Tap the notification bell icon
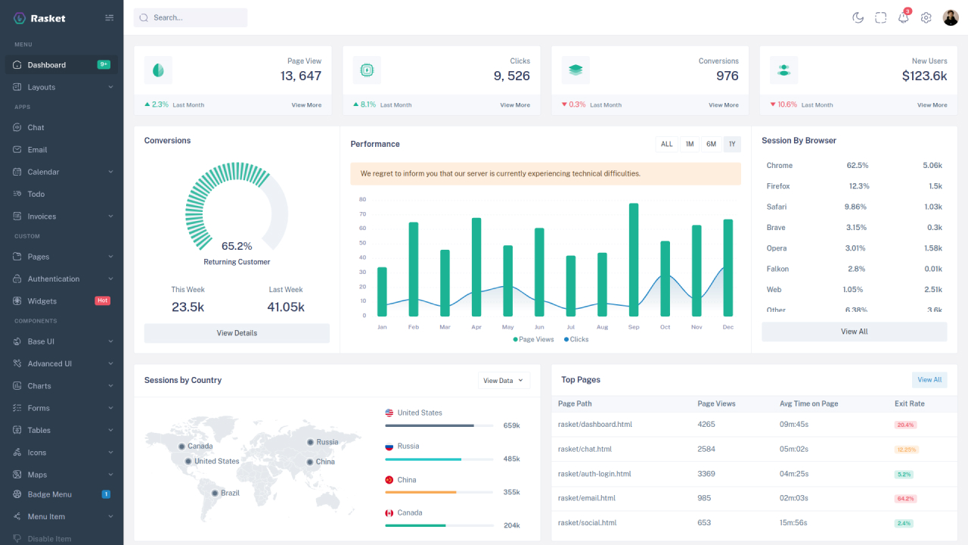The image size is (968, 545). pyautogui.click(x=903, y=17)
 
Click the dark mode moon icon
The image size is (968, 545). pyautogui.click(x=858, y=17)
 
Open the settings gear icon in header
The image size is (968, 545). pyautogui.click(x=926, y=17)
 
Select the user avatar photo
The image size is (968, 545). pyautogui.click(x=951, y=17)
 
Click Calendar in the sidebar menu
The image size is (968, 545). pyautogui.click(x=43, y=172)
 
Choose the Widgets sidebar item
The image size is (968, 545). pyautogui.click(x=42, y=301)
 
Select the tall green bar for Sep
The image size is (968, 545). pyautogui.click(x=634, y=259)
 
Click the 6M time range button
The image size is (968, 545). pyautogui.click(x=711, y=144)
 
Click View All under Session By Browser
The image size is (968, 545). pyautogui.click(x=854, y=332)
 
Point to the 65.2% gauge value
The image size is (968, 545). pyautogui.click(x=237, y=246)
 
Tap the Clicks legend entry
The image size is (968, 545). pyautogui.click(x=576, y=339)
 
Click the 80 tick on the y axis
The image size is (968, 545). pyautogui.click(x=362, y=200)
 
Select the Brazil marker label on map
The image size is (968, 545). pyautogui.click(x=230, y=493)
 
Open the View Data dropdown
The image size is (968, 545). pyautogui.click(x=504, y=381)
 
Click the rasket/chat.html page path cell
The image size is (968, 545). pyautogui.click(x=585, y=449)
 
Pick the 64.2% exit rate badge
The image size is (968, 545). pyautogui.click(x=905, y=499)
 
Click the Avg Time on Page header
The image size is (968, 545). pyautogui.click(x=808, y=403)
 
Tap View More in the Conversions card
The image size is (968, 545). pyautogui.click(x=723, y=105)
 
